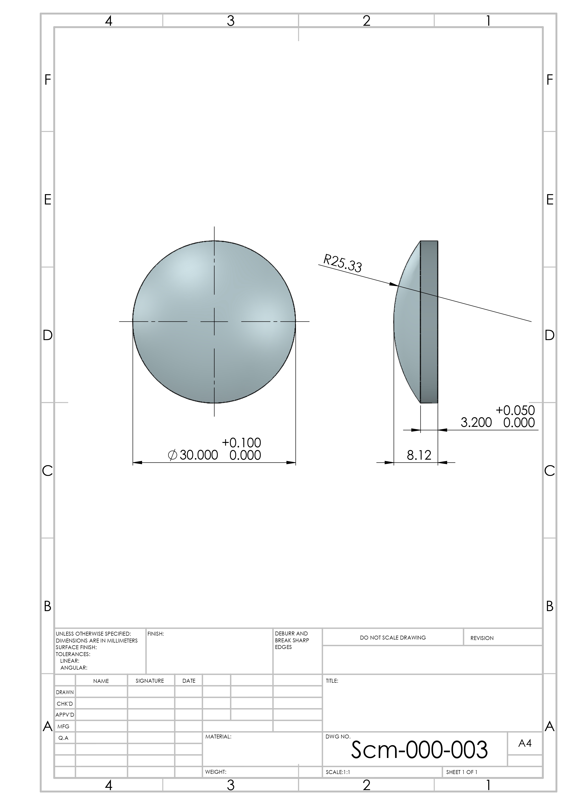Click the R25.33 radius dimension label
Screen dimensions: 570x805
click(342, 263)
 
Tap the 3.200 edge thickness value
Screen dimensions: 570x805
click(476, 422)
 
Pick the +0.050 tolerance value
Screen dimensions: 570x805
click(515, 410)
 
